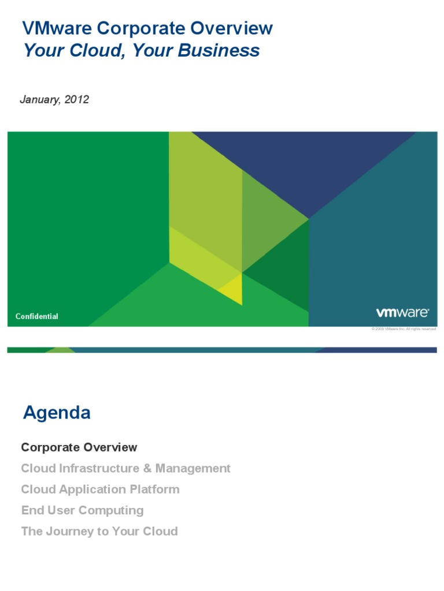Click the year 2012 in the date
pyautogui.click(x=77, y=99)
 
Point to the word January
pyautogui.click(x=40, y=99)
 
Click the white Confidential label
pyautogui.click(x=36, y=316)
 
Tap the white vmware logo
pyautogui.click(x=402, y=313)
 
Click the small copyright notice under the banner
pyautogui.click(x=404, y=329)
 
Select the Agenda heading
pyautogui.click(x=57, y=413)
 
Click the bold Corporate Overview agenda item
pyautogui.click(x=79, y=447)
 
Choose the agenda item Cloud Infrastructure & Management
pyautogui.click(x=125, y=468)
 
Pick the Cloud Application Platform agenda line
pyautogui.click(x=100, y=489)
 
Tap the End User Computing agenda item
pyautogui.click(x=82, y=510)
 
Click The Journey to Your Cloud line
pyautogui.click(x=99, y=532)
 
